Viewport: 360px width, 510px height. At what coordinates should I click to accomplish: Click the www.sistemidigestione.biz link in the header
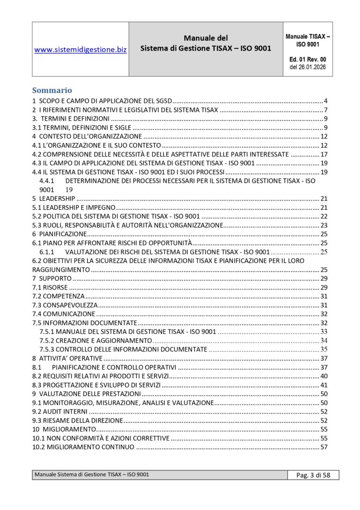click(80, 49)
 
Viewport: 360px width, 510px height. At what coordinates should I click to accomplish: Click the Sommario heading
click(52, 91)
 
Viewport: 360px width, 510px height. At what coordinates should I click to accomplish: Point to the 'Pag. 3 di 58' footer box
click(313, 475)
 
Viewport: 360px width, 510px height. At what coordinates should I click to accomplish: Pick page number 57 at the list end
click(323, 447)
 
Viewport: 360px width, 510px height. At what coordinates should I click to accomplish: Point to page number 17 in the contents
click(323, 154)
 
